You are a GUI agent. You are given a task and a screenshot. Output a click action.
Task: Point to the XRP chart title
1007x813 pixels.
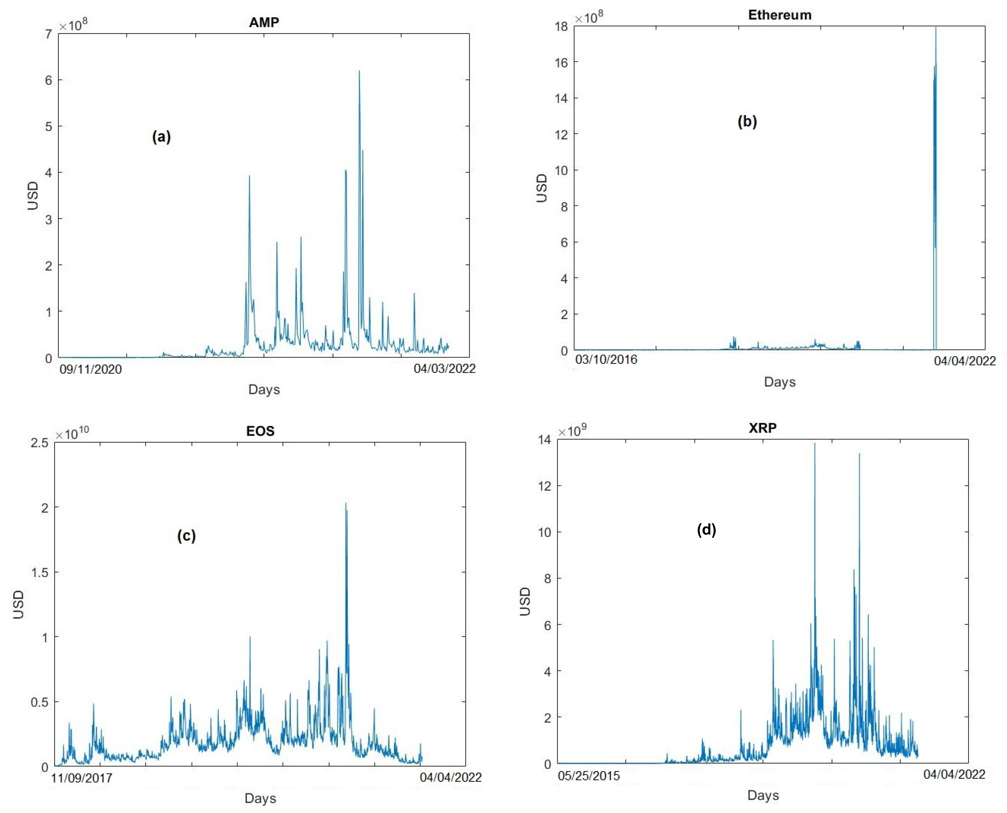click(763, 428)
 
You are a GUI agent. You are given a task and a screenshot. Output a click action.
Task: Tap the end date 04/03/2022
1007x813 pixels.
click(444, 369)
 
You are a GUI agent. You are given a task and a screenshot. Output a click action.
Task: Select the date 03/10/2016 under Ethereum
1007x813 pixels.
click(606, 360)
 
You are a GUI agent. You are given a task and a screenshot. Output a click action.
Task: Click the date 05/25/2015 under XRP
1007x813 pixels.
click(589, 776)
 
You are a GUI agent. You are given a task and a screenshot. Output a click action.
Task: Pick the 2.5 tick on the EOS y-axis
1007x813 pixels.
click(39, 443)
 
